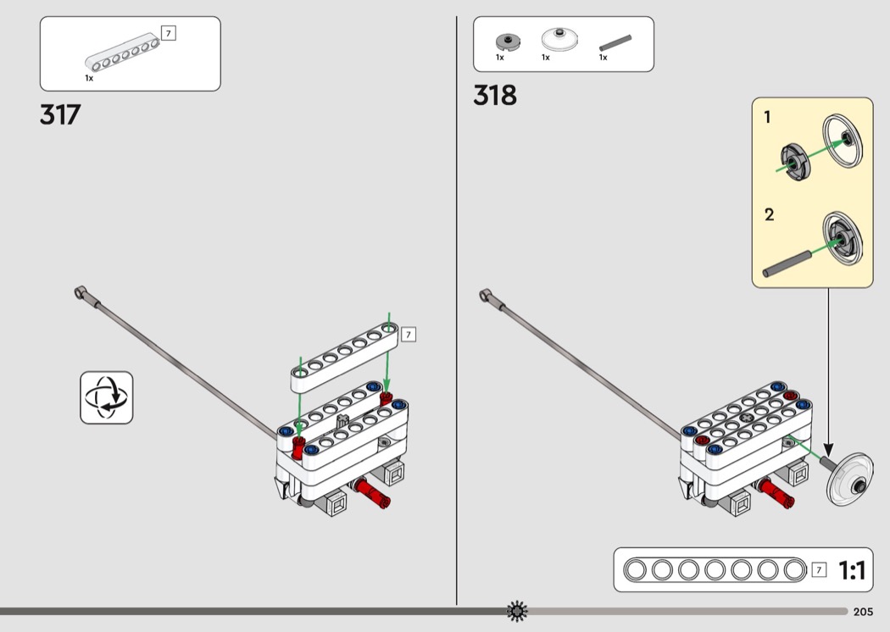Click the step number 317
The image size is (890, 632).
click(59, 114)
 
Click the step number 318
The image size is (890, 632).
click(495, 96)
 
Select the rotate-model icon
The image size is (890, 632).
click(107, 396)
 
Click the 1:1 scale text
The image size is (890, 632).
click(852, 571)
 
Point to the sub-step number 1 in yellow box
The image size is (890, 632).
click(768, 118)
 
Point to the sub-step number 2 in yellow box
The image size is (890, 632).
click(769, 214)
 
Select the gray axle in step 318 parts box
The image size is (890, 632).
click(615, 41)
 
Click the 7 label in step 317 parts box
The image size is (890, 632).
click(168, 34)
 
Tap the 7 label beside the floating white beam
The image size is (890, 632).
click(409, 335)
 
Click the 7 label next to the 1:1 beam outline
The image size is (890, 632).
click(818, 569)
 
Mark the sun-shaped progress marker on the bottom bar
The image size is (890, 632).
click(517, 611)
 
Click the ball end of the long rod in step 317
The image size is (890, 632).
click(81, 293)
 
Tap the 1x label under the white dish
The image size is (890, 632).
click(546, 58)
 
